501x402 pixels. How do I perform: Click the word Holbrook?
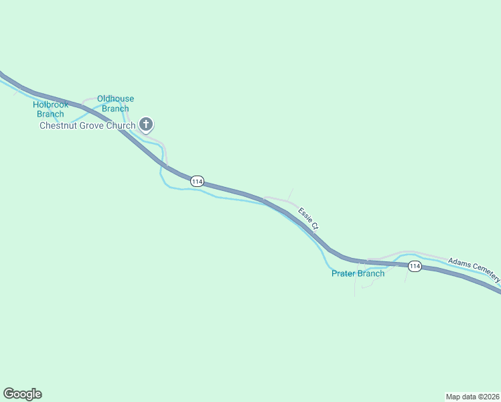[51, 105]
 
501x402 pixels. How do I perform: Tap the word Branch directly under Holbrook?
[51, 114]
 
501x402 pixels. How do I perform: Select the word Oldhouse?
[115, 99]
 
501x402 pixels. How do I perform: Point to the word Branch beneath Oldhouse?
[115, 109]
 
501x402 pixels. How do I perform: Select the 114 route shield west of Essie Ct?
[197, 182]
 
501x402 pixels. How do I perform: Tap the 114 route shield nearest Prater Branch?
[415, 267]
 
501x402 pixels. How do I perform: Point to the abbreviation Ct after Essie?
[315, 226]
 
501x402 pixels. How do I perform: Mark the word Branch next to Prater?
[372, 273]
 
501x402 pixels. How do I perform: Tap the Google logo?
[22, 394]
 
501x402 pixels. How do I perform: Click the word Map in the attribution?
[453, 396]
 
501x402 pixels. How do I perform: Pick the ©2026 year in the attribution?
[488, 396]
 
